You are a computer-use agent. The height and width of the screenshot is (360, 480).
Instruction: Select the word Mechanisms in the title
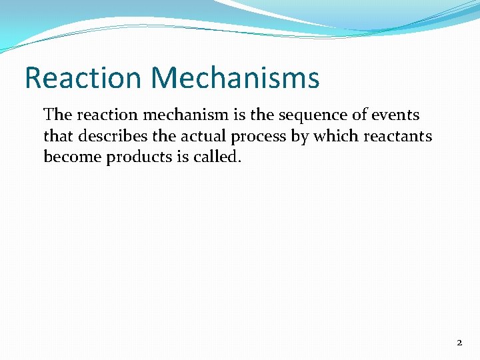click(x=235, y=77)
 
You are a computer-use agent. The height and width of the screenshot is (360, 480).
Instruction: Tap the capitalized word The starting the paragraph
click(x=57, y=115)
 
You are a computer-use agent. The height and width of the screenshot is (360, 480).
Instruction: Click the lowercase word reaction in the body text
click(x=103, y=115)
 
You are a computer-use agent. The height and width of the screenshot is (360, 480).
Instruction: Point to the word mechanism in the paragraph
click(x=177, y=115)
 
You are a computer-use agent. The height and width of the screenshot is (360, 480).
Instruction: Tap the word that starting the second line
click(x=57, y=136)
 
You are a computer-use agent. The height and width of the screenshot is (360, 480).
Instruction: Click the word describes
click(x=109, y=136)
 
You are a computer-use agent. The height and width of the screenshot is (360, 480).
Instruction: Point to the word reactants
click(x=397, y=136)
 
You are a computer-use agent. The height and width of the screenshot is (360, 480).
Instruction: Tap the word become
click(x=69, y=157)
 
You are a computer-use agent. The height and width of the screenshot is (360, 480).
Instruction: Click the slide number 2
click(x=459, y=342)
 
